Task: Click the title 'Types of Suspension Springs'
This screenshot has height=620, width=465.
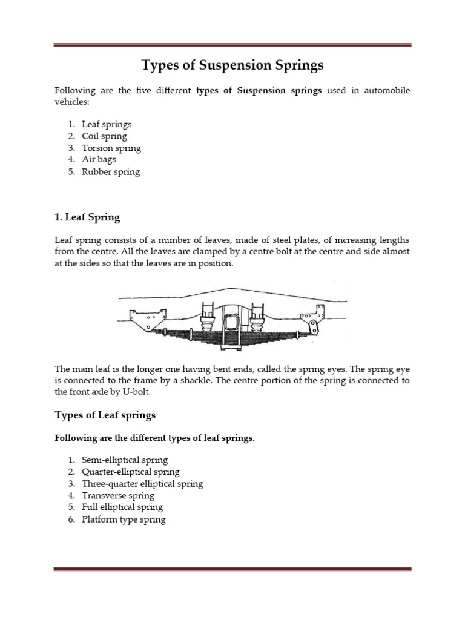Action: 232,65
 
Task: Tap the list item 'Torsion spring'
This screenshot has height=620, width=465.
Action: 111,148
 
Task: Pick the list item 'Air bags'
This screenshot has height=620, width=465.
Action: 99,160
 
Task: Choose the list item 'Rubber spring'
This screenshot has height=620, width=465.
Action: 111,172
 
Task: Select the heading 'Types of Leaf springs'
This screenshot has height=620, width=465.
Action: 105,415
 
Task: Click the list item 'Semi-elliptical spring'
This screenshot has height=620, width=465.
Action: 125,460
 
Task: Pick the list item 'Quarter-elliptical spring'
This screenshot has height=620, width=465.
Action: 131,472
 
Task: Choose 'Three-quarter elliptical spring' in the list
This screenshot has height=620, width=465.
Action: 142,484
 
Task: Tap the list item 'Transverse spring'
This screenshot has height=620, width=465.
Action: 118,496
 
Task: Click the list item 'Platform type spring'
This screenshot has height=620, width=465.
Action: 124,519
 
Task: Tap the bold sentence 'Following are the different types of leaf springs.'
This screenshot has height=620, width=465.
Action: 155,438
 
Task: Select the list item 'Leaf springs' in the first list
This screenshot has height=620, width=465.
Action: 107,124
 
